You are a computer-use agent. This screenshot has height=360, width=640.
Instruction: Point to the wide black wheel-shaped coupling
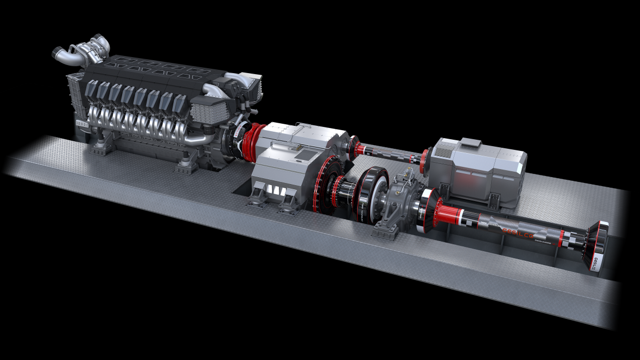tap(372, 193)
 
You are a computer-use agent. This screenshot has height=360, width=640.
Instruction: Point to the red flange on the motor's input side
tap(425, 159)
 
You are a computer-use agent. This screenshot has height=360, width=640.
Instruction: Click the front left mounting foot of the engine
tap(99, 146)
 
